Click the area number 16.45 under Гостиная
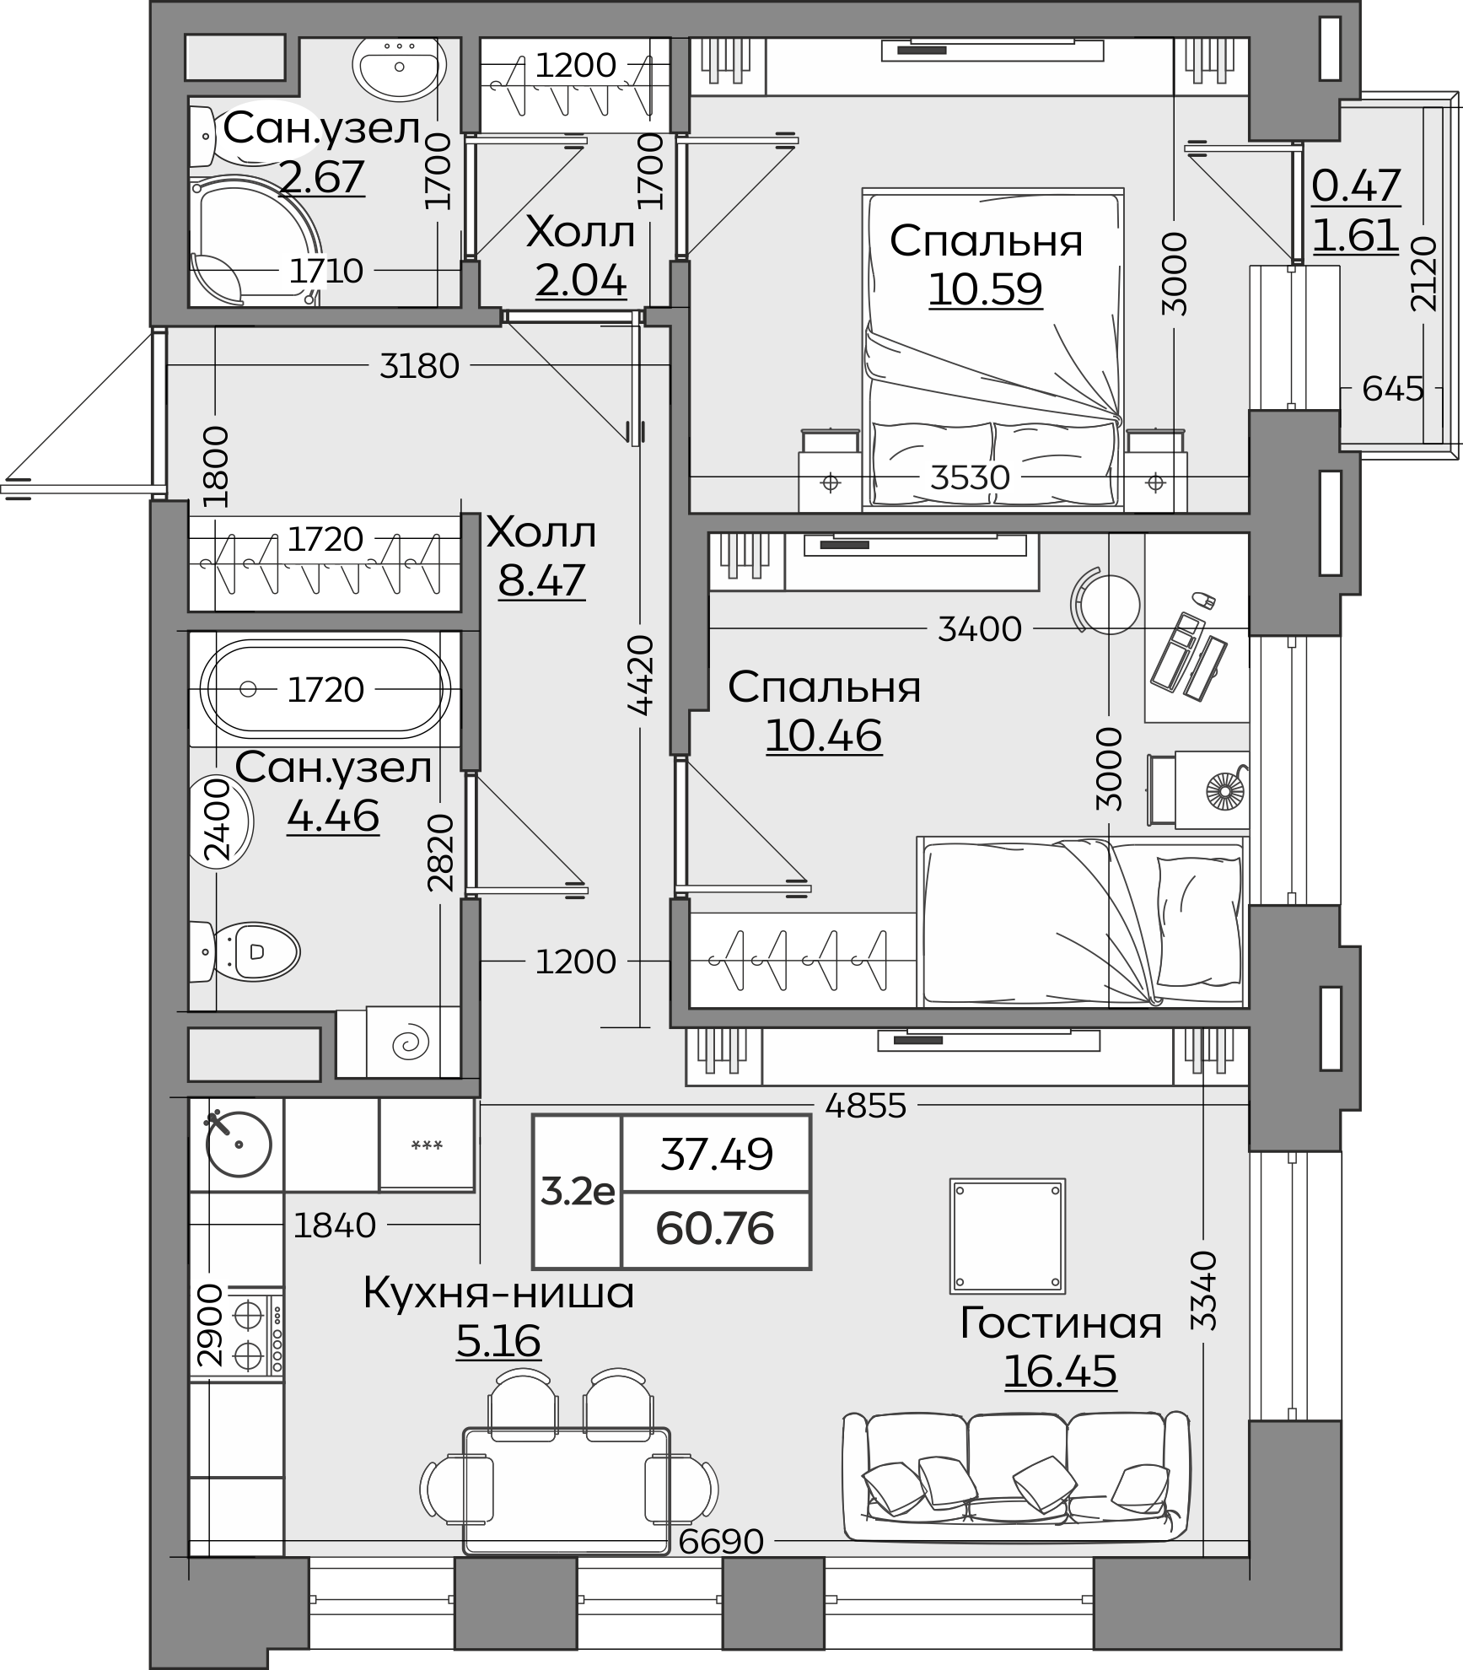1060,1371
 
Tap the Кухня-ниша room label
498,1292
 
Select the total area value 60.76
715,1228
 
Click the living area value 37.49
716,1154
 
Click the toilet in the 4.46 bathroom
245,951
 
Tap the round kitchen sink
239,1144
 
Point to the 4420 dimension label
641,675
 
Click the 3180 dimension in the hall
419,365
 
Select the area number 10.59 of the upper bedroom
986,288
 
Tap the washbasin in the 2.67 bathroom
399,66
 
